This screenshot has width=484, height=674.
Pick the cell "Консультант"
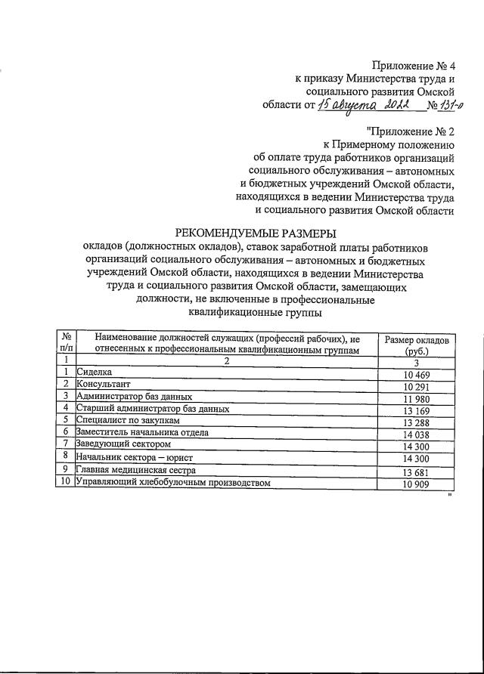coord(102,385)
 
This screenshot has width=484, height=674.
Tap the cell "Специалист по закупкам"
coord(128,421)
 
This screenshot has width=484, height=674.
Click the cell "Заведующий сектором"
coord(124,444)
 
